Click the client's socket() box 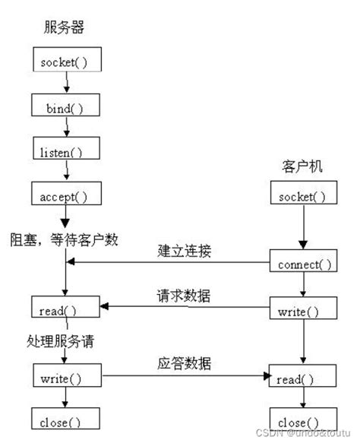click(302, 197)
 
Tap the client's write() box click(302, 312)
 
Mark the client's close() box click(302, 420)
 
